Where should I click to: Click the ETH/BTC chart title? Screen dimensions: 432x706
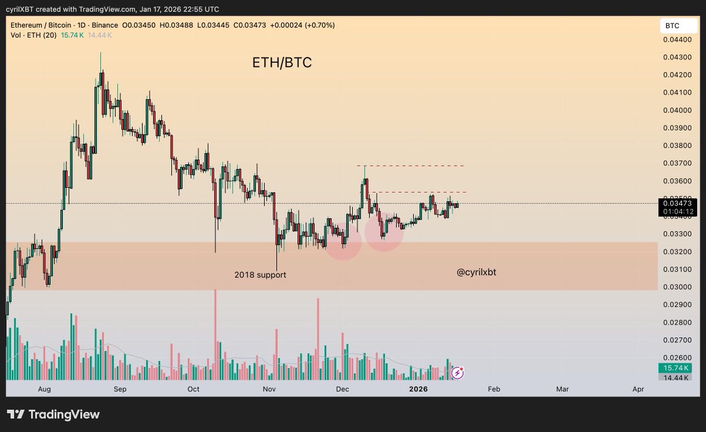tap(282, 63)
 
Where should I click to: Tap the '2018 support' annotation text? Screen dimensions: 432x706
tap(260, 275)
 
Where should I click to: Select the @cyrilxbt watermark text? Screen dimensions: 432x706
tap(481, 273)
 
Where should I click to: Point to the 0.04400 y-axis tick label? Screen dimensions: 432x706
tap(677, 39)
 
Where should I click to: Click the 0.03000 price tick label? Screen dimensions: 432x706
tap(677, 287)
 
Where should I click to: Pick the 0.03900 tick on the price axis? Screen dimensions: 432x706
tap(677, 128)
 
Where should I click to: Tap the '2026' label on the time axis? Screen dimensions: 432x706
tap(418, 389)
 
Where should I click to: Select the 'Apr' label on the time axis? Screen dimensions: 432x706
tap(638, 389)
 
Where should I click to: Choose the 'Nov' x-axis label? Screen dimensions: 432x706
tap(269, 389)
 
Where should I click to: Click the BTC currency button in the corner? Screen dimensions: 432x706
tap(672, 26)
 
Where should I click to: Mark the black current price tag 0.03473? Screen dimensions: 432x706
tap(678, 203)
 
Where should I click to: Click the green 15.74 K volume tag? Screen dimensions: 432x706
tap(678, 368)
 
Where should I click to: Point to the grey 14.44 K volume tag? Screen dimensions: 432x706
tap(678, 377)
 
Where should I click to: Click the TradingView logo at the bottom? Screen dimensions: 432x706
tap(53, 414)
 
